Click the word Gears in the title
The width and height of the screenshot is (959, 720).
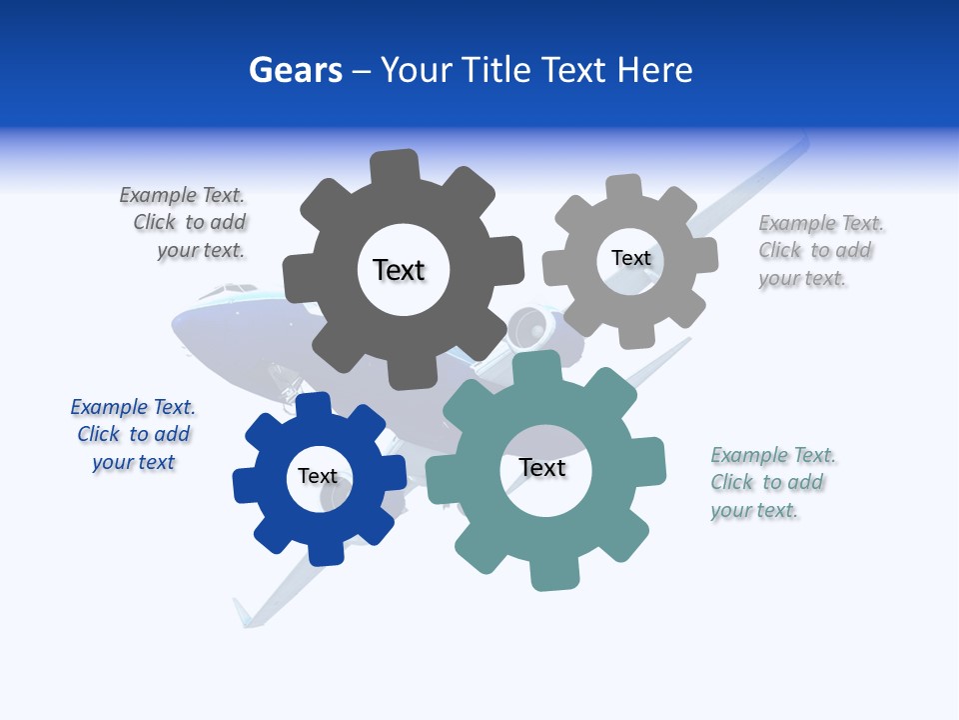(x=295, y=70)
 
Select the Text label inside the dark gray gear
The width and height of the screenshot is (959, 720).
(x=400, y=270)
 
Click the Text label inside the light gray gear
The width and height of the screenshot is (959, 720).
(x=630, y=258)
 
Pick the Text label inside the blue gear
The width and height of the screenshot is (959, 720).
(x=318, y=476)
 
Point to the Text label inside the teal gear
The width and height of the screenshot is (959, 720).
(x=542, y=468)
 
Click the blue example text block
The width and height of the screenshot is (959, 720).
(x=133, y=435)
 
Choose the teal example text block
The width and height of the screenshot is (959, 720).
(x=772, y=483)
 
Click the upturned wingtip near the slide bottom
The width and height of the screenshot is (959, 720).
(x=243, y=613)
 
